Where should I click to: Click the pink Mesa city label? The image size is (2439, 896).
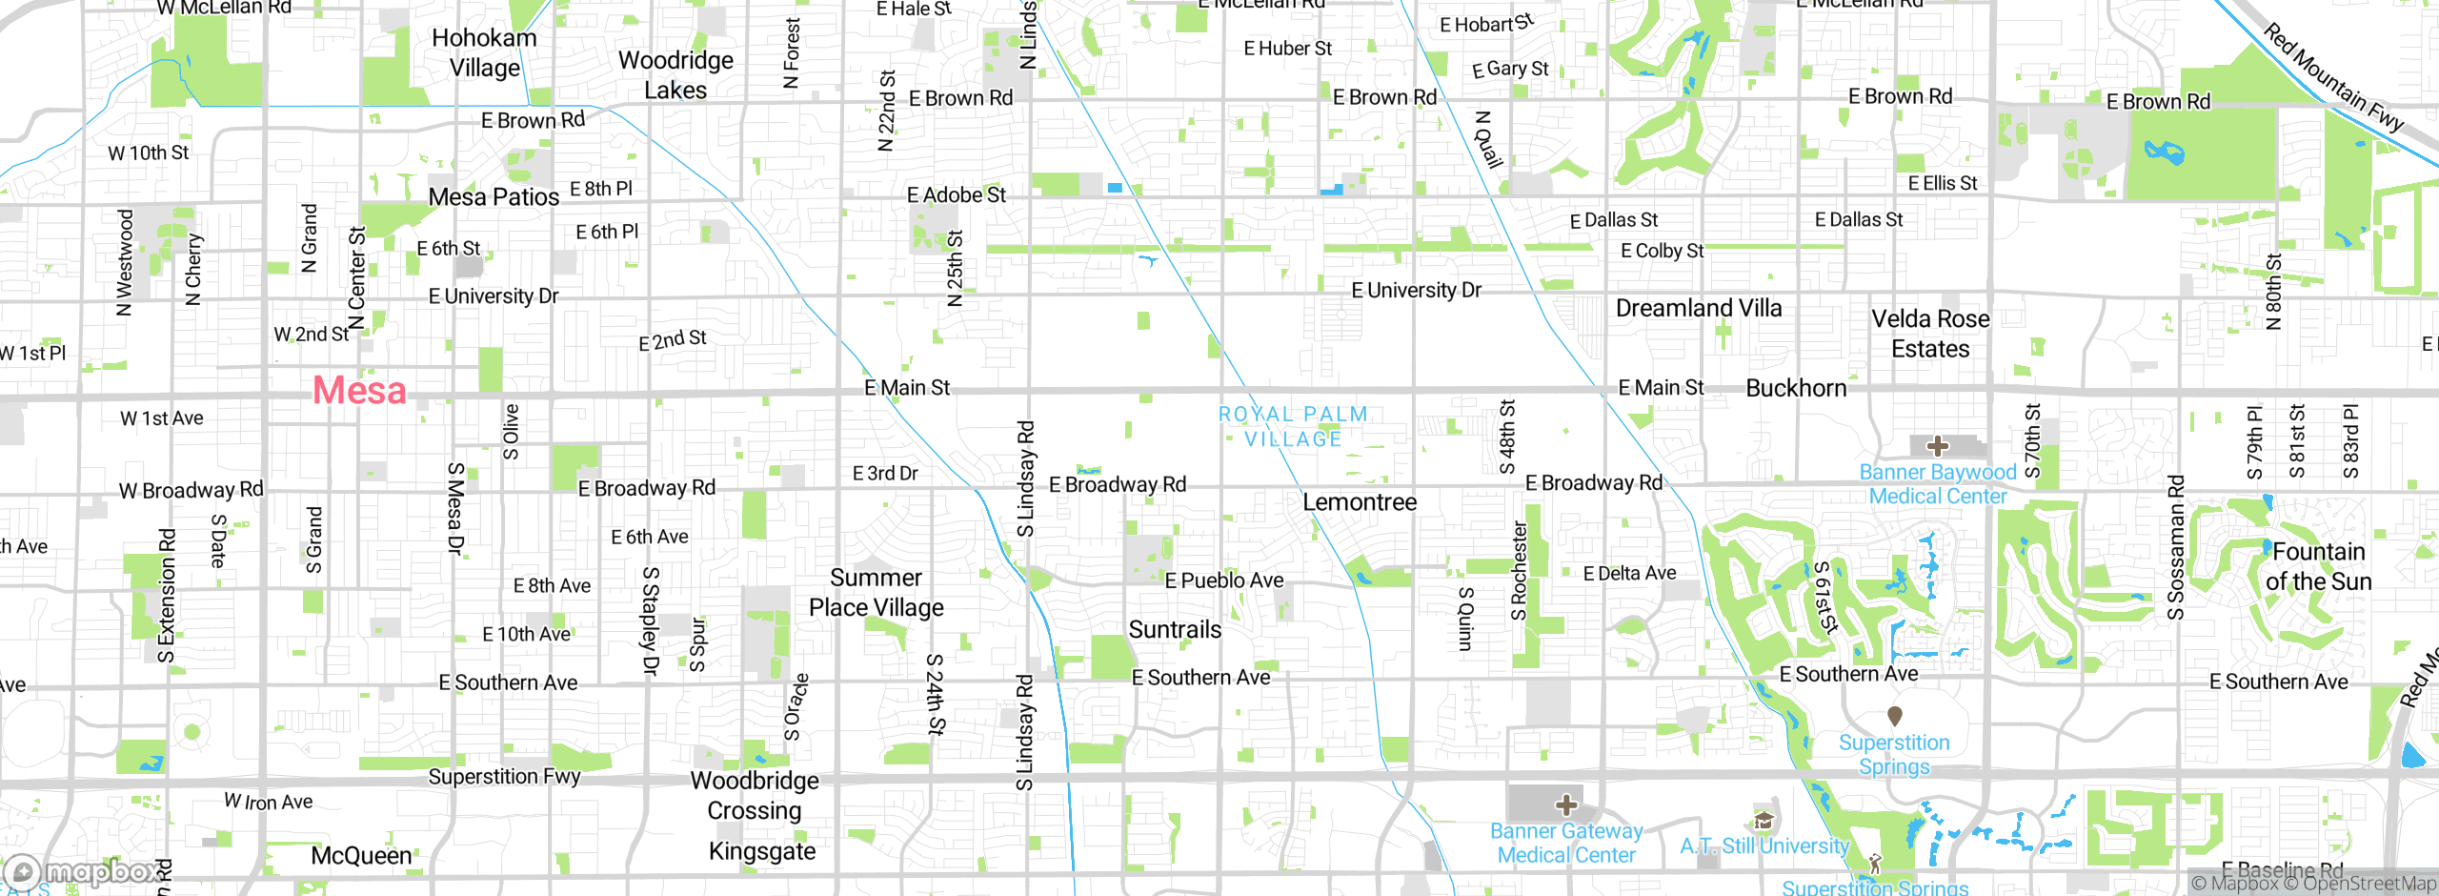click(359, 391)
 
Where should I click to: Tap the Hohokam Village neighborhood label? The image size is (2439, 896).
click(484, 52)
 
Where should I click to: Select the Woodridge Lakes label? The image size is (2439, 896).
click(675, 74)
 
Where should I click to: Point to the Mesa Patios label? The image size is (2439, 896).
click(494, 197)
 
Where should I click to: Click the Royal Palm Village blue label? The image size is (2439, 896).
click(1293, 426)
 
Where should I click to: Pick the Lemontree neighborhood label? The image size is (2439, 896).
click(1359, 502)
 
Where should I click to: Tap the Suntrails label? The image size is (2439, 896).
click(1175, 629)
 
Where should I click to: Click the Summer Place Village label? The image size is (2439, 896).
click(876, 592)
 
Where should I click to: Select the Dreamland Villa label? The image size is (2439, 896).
click(1698, 308)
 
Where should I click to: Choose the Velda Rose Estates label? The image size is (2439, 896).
click(1930, 334)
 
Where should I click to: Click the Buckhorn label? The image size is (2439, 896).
click(1796, 388)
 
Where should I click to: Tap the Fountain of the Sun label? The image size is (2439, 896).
click(2318, 566)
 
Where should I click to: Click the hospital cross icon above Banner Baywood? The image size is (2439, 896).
click(1937, 446)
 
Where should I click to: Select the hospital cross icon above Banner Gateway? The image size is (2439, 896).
click(1565, 805)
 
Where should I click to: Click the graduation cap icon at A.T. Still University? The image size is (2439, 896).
click(1764, 821)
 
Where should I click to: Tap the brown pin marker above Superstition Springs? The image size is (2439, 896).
click(1894, 715)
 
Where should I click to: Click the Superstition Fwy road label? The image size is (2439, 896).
click(504, 776)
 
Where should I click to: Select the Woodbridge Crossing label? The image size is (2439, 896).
click(755, 795)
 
